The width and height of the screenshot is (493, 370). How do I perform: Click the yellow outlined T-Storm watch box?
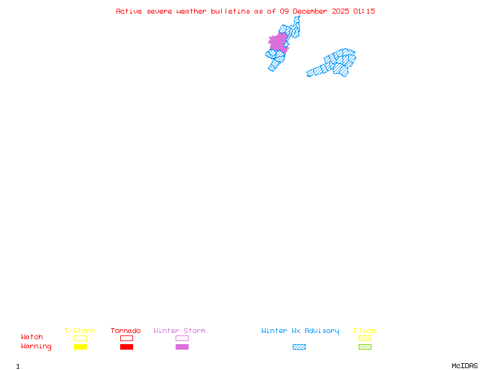point(80,338)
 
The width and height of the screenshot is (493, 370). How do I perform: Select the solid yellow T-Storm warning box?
point(80,347)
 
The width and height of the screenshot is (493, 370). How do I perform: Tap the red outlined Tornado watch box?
point(126,338)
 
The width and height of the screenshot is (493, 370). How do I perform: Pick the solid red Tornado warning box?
point(126,347)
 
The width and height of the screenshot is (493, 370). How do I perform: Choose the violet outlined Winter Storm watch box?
point(182,338)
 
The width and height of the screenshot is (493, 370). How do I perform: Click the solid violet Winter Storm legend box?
point(182,347)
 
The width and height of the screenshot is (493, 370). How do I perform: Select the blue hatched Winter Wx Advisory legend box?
point(299,347)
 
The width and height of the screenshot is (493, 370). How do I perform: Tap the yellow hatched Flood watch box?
point(365,338)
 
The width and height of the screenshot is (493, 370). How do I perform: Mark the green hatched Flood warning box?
point(365,347)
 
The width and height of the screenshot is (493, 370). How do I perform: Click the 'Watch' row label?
point(32,337)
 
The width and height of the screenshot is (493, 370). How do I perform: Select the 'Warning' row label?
point(36,347)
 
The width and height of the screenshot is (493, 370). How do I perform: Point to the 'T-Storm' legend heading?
point(79,331)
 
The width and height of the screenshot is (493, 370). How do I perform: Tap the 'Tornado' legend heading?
point(126,331)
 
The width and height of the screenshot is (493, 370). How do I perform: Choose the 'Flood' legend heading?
point(365,331)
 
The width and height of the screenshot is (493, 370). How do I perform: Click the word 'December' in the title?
point(311,11)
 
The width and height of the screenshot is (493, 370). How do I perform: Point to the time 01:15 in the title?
point(364,11)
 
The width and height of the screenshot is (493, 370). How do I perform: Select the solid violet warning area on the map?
point(279,42)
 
